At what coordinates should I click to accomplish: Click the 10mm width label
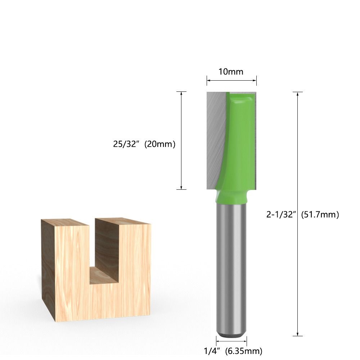tap(231, 72)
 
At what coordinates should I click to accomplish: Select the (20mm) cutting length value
tap(160, 144)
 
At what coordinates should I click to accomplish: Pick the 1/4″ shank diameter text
tap(213, 351)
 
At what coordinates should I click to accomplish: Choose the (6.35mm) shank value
tap(244, 351)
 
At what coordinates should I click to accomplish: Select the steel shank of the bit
tap(231, 266)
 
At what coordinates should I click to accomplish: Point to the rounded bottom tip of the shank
tap(231, 333)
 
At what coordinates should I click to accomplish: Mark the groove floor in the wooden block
tap(104, 275)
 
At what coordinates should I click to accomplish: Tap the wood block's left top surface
tap(65, 222)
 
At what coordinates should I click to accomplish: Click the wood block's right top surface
tap(122, 221)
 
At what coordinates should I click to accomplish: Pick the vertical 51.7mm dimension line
tap(297, 274)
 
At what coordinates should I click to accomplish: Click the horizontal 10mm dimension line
tap(231, 80)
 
